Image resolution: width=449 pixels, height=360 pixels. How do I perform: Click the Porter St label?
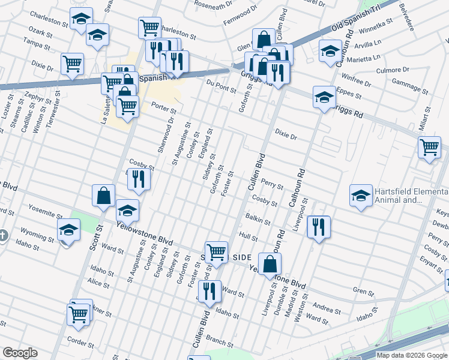(164, 110)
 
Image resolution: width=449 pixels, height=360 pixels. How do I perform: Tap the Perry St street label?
(272, 186)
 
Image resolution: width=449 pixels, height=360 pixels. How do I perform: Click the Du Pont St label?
(220, 89)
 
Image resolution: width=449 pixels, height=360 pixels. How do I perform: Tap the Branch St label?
(221, 343)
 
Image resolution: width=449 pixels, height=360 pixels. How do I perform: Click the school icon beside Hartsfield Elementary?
(360, 196)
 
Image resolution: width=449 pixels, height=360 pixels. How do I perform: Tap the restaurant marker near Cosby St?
(139, 179)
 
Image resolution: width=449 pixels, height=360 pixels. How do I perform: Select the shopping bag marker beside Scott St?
(103, 195)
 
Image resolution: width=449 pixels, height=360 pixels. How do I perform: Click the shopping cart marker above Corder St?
(79, 314)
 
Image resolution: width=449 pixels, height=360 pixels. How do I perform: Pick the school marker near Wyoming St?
(68, 230)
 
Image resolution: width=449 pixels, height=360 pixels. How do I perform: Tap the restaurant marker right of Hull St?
(318, 227)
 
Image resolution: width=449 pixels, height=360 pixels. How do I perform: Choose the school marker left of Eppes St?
(324, 97)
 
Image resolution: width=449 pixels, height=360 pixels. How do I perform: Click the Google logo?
(20, 353)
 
